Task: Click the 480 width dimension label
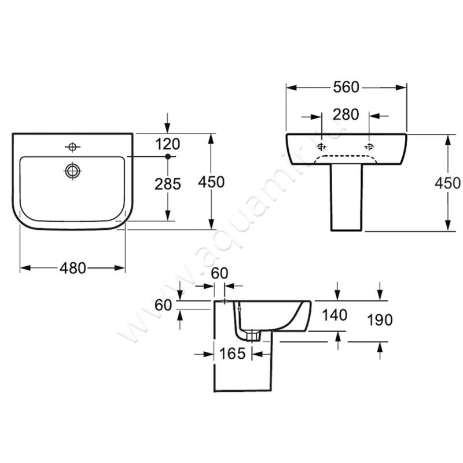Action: [x=73, y=268]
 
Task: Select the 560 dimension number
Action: [x=346, y=87]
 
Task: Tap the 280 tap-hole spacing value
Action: [x=346, y=114]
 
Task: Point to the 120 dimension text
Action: [x=167, y=144]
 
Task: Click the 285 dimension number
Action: [x=168, y=184]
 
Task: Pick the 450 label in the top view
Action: [x=211, y=182]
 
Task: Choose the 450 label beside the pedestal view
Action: [x=447, y=183]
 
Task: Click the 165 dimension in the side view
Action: [x=233, y=354]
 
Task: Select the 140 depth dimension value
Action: [x=335, y=315]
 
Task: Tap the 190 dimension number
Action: [x=380, y=320]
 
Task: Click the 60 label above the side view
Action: [x=219, y=273]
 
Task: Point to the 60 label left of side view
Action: [x=163, y=305]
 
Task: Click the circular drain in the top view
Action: [x=73, y=171]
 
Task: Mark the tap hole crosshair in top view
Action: [x=72, y=147]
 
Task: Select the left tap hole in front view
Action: [x=321, y=147]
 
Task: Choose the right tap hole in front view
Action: [x=369, y=147]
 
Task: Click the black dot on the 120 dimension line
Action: [x=168, y=156]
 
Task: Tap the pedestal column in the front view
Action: [x=346, y=197]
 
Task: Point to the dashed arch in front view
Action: [x=346, y=156]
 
